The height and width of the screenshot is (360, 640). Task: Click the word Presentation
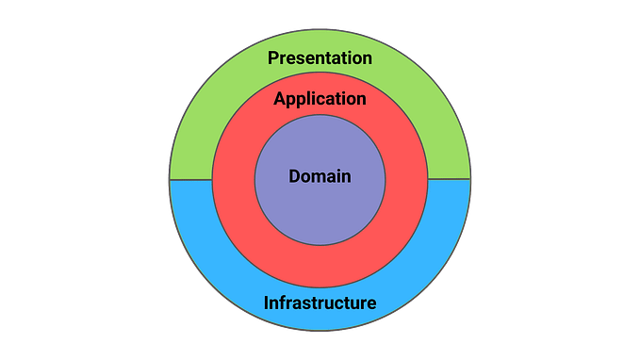pos(320,58)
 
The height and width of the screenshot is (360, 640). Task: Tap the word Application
pos(320,99)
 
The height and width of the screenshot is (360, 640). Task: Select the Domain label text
pos(320,176)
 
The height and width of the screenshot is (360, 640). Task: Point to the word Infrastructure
pos(320,303)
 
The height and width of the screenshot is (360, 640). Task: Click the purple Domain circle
pos(320,212)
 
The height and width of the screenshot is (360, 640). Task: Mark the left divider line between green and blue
pos(190,180)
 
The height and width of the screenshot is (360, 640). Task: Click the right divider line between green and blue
pos(449,180)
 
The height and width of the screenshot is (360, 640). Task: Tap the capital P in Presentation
pos(273,58)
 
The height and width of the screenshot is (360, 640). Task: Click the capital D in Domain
pos(294,176)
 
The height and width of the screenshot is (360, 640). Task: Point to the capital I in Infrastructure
pos(266,303)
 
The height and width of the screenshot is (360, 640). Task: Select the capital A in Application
pos(280,98)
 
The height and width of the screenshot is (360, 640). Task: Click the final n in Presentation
pos(367,59)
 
